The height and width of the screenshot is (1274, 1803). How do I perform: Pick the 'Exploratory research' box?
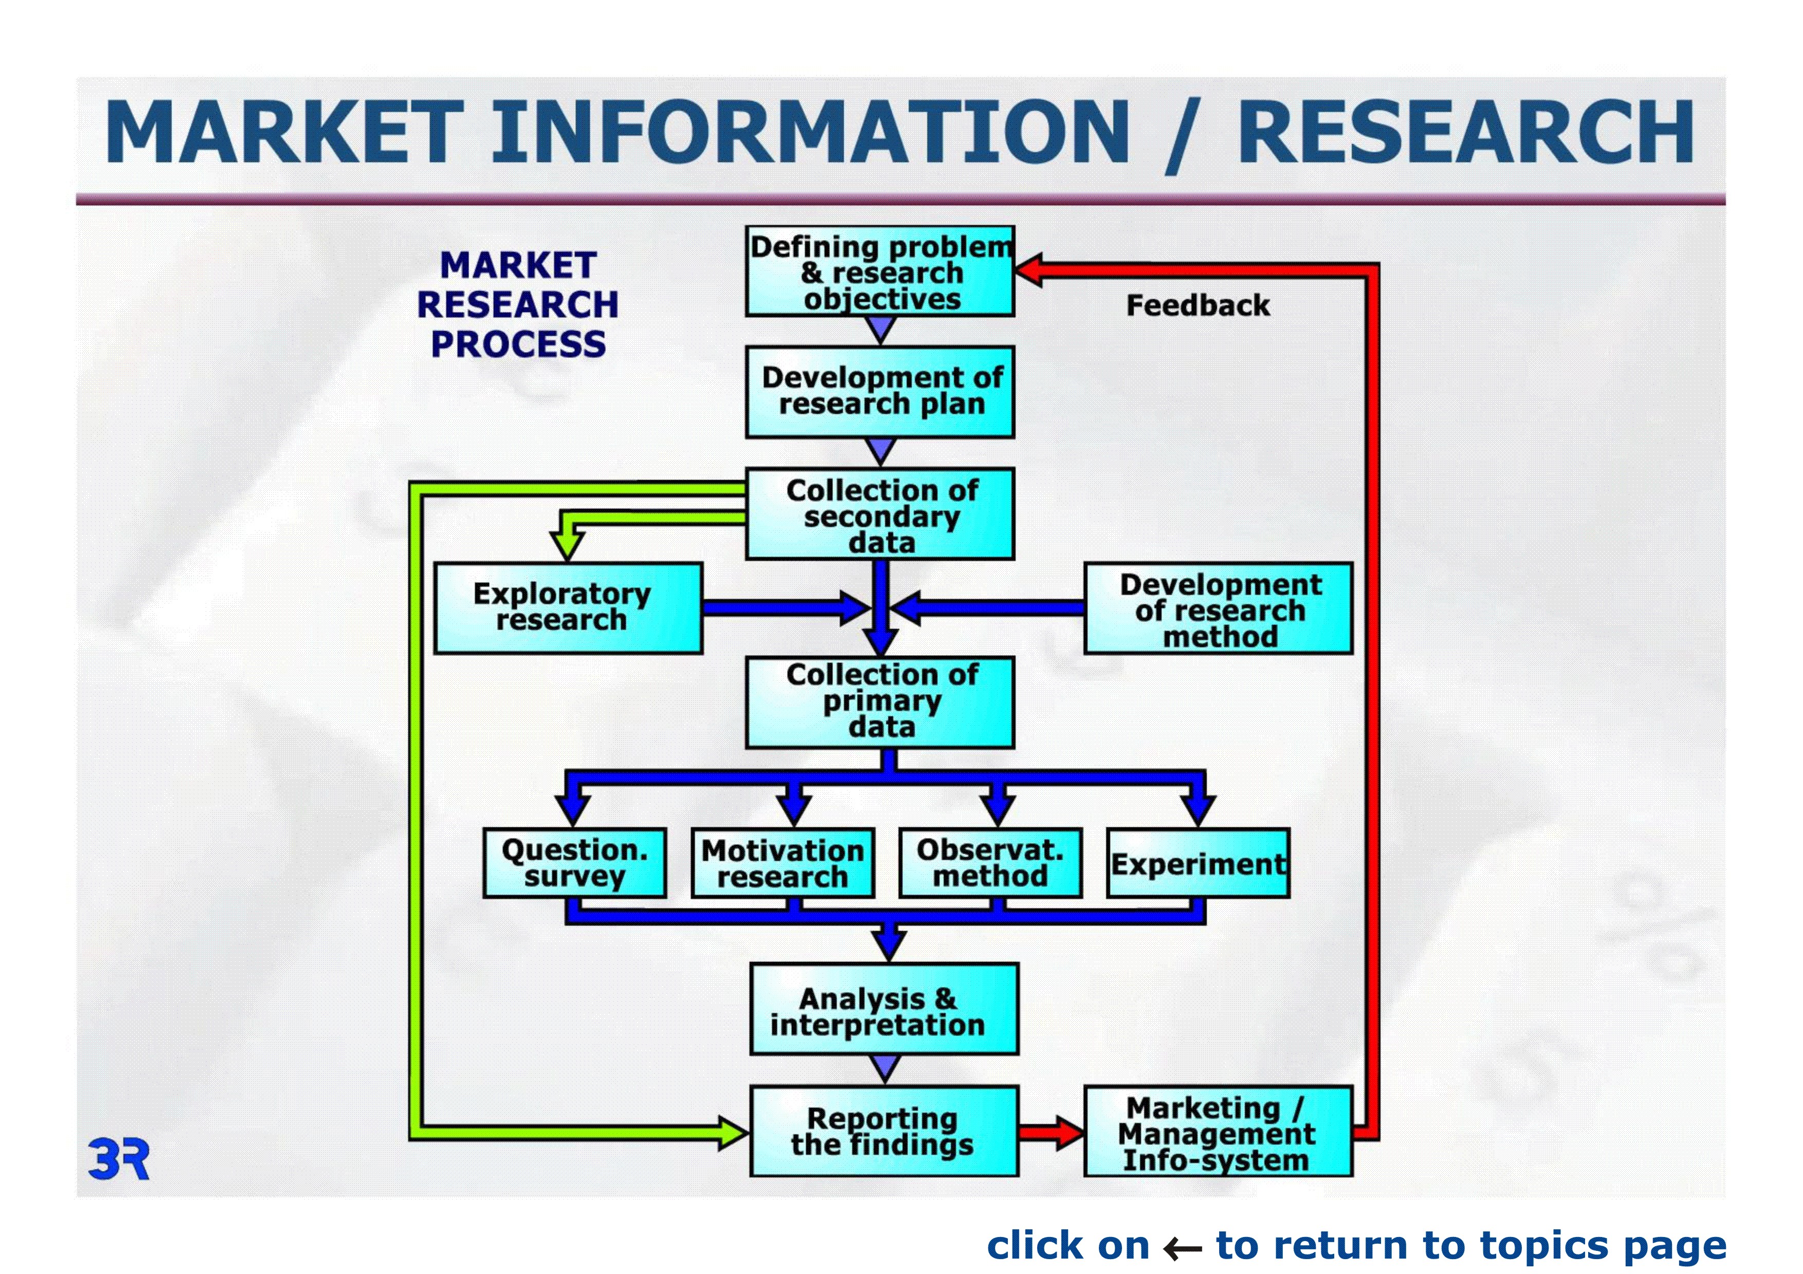coord(568,608)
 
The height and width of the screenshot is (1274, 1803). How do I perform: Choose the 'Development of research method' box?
coord(1218,608)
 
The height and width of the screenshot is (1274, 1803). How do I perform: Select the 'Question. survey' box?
coord(575,863)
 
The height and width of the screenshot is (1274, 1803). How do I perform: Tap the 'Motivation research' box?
coord(783,863)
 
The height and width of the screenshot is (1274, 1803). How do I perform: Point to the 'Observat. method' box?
coord(990,863)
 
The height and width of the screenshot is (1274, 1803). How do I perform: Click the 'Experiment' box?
coord(1198,863)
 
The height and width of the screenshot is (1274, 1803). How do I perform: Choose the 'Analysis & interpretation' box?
coord(884,1009)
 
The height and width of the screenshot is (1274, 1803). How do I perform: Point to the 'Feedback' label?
coord(1198,305)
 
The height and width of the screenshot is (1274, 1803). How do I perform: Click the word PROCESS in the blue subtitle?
coord(518,344)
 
